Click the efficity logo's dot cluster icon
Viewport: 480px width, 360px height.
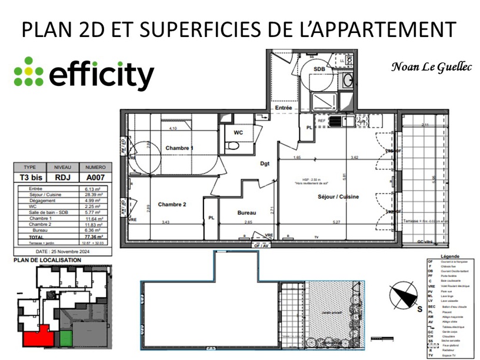click(29, 71)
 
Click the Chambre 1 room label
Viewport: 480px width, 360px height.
click(179, 148)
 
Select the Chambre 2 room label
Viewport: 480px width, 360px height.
click(172, 204)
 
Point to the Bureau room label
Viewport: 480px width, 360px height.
click(246, 212)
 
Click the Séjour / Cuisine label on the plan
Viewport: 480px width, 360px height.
click(338, 196)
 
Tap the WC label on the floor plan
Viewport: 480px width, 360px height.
click(238, 132)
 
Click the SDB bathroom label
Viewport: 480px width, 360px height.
click(319, 69)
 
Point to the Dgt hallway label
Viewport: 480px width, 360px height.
click(265, 164)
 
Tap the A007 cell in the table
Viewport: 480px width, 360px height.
click(95, 176)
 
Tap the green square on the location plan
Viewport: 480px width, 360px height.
click(66, 338)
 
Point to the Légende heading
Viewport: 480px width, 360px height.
click(449, 256)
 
